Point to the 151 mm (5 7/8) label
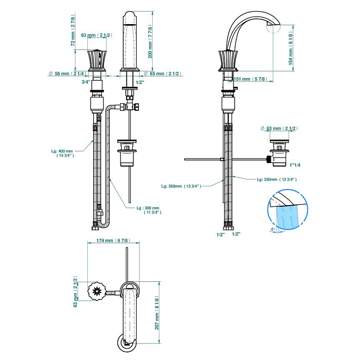(x=254, y=79)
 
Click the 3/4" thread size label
(x=85, y=82)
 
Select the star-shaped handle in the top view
(x=97, y=292)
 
